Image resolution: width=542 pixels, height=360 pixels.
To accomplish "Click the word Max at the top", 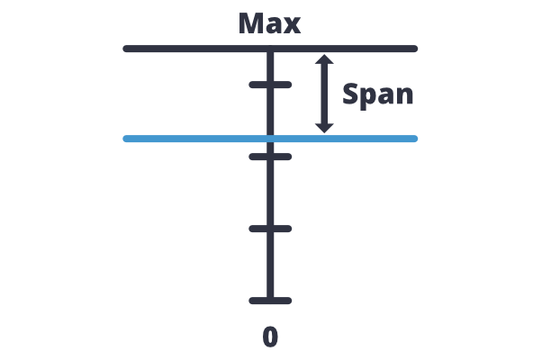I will [x=269, y=23].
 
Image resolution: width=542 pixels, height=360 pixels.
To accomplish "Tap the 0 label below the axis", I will [x=270, y=337].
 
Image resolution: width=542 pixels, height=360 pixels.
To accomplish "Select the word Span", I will [x=378, y=94].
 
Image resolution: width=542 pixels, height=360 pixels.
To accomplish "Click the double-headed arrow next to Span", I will [x=325, y=94].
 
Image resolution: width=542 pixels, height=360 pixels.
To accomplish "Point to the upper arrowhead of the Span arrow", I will [x=325, y=60].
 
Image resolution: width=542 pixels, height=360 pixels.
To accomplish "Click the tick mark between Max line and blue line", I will [x=270, y=85].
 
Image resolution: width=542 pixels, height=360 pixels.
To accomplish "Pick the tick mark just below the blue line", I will [x=270, y=157].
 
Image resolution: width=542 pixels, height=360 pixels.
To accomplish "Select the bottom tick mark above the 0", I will [x=270, y=301].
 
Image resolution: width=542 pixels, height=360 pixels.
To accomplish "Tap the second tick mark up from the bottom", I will [x=270, y=229].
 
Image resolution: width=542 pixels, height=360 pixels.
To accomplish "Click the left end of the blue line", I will [x=126, y=139].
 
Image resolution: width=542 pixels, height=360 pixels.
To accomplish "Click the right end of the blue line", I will [x=415, y=139].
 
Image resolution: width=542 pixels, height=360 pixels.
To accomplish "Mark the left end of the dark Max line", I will [x=126, y=49].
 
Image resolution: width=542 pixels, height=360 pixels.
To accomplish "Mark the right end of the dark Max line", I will [x=415, y=49].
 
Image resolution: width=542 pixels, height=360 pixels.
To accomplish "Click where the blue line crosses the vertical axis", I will [x=270, y=139].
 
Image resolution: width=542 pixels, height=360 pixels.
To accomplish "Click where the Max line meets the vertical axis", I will [x=270, y=49].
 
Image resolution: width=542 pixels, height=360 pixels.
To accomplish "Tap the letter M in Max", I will [x=252, y=23].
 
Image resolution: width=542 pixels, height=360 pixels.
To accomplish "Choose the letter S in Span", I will [x=349, y=94].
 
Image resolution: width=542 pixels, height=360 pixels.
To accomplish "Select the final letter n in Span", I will [x=405, y=96].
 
